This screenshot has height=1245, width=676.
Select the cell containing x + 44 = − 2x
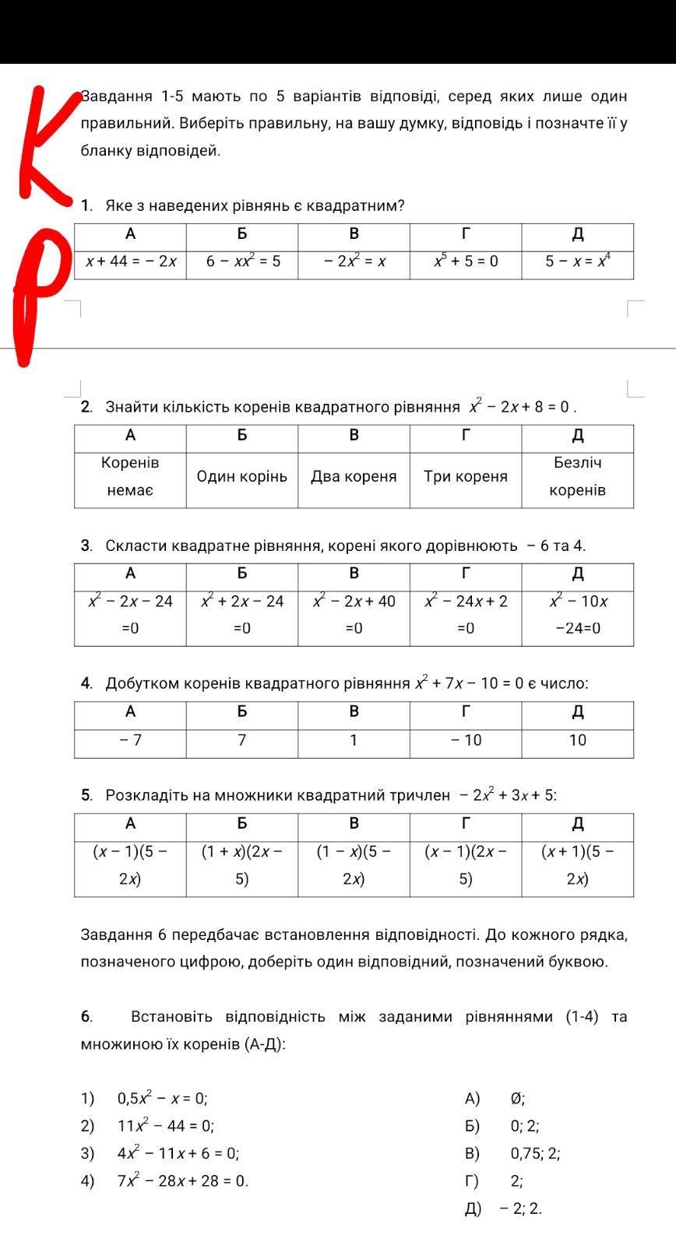coord(131,261)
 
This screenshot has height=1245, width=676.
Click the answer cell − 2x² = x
coord(354,261)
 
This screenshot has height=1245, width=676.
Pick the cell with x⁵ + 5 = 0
coord(466,261)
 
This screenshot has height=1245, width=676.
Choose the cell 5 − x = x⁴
coord(577,261)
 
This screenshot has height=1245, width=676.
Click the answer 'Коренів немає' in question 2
coord(130,476)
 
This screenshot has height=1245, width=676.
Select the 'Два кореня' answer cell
coord(354,476)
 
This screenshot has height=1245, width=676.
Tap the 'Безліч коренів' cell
coord(577,476)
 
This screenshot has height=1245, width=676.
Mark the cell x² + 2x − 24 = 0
coord(242,614)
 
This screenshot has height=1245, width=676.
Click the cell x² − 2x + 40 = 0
coord(354,614)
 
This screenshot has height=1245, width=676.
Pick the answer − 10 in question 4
coord(466,740)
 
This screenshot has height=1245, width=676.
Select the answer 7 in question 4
coord(242,740)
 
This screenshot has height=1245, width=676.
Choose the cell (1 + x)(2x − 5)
coord(242,865)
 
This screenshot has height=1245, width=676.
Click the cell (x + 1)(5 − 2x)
coord(577,865)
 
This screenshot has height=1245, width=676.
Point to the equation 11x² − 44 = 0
coord(165,1126)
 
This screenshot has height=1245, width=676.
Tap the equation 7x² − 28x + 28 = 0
coord(182,1181)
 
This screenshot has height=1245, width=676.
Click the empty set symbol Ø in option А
coord(517,1099)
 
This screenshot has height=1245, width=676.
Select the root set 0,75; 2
coord(535,1154)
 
